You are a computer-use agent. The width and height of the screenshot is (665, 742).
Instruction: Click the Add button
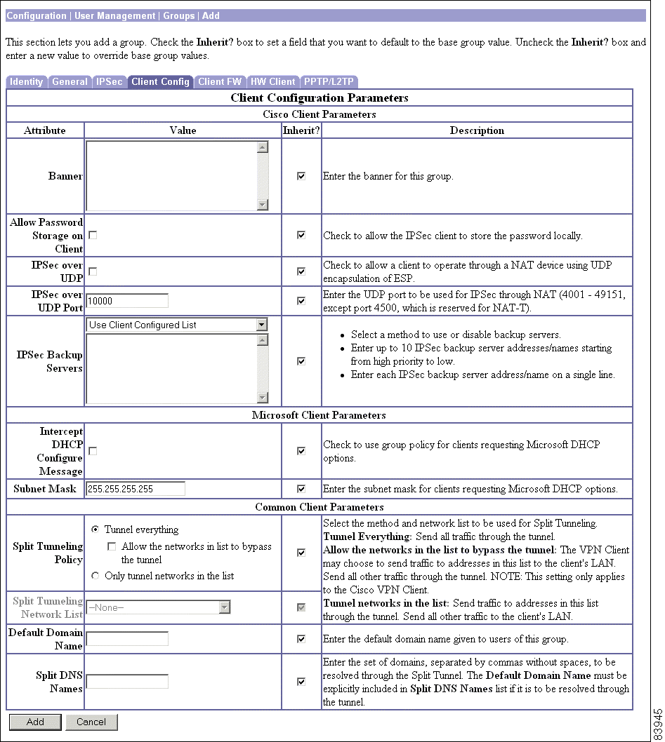35,722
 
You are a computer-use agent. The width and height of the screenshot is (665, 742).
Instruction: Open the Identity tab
27,82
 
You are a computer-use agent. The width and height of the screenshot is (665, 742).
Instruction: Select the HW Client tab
273,82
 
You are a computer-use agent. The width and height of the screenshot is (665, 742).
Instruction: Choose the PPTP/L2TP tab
329,82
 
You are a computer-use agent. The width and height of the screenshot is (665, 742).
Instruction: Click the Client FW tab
220,82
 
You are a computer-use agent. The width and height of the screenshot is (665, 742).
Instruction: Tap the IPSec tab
109,82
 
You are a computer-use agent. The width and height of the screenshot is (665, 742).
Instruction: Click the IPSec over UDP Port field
127,301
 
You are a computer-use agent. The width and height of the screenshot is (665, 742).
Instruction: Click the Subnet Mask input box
136,489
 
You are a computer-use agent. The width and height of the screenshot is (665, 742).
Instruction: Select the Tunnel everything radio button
96,529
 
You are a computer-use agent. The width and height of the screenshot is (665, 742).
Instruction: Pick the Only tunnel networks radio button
96,576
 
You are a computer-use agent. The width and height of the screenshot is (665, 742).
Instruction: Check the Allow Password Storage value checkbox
93,236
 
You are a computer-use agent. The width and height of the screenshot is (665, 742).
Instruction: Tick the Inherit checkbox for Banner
301,177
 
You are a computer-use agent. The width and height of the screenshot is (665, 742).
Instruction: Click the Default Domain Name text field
127,639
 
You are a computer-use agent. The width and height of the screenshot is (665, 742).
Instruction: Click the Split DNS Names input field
127,681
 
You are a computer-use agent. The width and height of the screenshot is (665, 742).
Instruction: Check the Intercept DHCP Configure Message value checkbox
93,451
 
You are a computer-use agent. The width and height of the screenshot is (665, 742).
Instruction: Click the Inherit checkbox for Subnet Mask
301,489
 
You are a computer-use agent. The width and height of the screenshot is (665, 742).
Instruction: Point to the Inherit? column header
301,130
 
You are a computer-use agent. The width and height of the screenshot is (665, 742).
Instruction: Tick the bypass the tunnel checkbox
112,546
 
